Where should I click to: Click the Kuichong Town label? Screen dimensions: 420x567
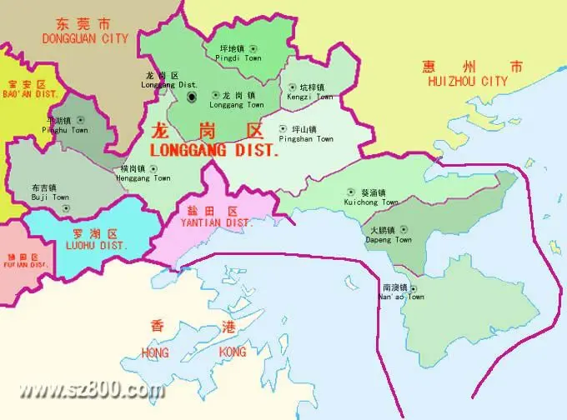point(370,202)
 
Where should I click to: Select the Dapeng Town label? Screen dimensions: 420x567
point(389,239)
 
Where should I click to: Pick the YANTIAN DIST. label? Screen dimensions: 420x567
point(216,223)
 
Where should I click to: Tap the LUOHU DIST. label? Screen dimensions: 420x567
point(96,246)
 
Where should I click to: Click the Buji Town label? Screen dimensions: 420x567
point(50,197)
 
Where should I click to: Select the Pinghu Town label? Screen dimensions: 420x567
point(67,130)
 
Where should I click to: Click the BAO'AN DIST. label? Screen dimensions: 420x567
point(30,94)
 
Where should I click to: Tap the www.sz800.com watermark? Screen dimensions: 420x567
point(92,389)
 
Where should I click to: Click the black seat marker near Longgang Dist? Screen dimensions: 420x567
point(192,98)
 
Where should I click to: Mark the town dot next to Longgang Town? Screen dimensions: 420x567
point(216,95)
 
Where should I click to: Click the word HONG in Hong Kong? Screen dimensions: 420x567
point(155,353)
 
